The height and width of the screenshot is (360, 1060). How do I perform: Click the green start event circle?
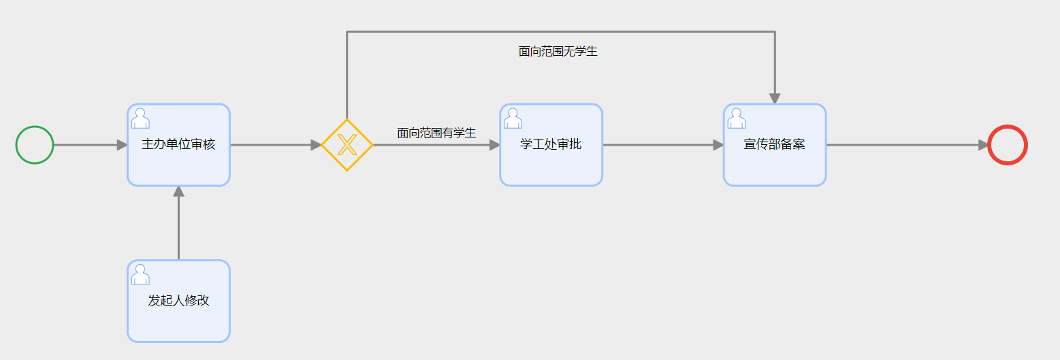[x=35, y=145]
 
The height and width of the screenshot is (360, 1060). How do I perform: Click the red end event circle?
[x=1007, y=145]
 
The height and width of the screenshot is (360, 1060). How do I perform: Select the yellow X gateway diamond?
[x=347, y=145]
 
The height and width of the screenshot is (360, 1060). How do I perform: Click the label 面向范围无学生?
[x=558, y=51]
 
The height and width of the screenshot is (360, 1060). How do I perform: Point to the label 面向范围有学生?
[x=436, y=133]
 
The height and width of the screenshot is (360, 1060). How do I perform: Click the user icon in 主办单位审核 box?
[x=140, y=118]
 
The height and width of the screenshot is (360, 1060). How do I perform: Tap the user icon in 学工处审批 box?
[x=513, y=118]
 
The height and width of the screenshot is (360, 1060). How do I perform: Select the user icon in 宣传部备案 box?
[x=736, y=118]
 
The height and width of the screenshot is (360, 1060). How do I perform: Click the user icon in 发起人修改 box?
[x=140, y=274]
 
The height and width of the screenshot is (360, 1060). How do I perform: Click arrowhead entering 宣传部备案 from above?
[x=774, y=99]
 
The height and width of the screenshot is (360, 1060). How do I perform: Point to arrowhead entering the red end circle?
[x=983, y=145]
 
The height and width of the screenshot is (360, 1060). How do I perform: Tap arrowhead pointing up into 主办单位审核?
[x=178, y=191]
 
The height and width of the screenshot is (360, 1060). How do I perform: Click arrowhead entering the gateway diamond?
[x=316, y=145]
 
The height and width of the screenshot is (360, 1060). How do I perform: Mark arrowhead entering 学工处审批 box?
[x=495, y=145]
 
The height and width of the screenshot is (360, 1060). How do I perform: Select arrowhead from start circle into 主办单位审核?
[x=123, y=145]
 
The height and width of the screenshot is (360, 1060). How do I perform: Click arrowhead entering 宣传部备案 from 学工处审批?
[x=718, y=145]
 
